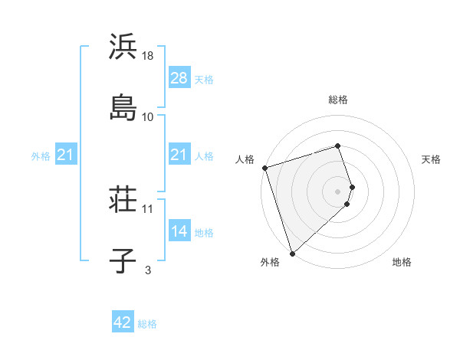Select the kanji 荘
coord(123,201)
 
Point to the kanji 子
coord(123,261)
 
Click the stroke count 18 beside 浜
coord(149,56)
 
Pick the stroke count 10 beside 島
coord(148,117)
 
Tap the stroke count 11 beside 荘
coord(148,208)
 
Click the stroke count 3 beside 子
coord(148,270)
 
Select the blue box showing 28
coord(179,78)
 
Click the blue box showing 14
coord(179,231)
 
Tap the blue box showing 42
coord(123,322)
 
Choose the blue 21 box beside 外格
coord(65,155)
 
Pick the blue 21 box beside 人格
coord(179,155)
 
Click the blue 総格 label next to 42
coord(147,324)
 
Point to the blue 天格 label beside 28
coord(204,80)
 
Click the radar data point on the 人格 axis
coord(264,168)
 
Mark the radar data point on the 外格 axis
coord(292,253)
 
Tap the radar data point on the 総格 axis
coord(338,146)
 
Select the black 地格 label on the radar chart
coord(402,262)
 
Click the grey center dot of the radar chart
coord(338,190)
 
